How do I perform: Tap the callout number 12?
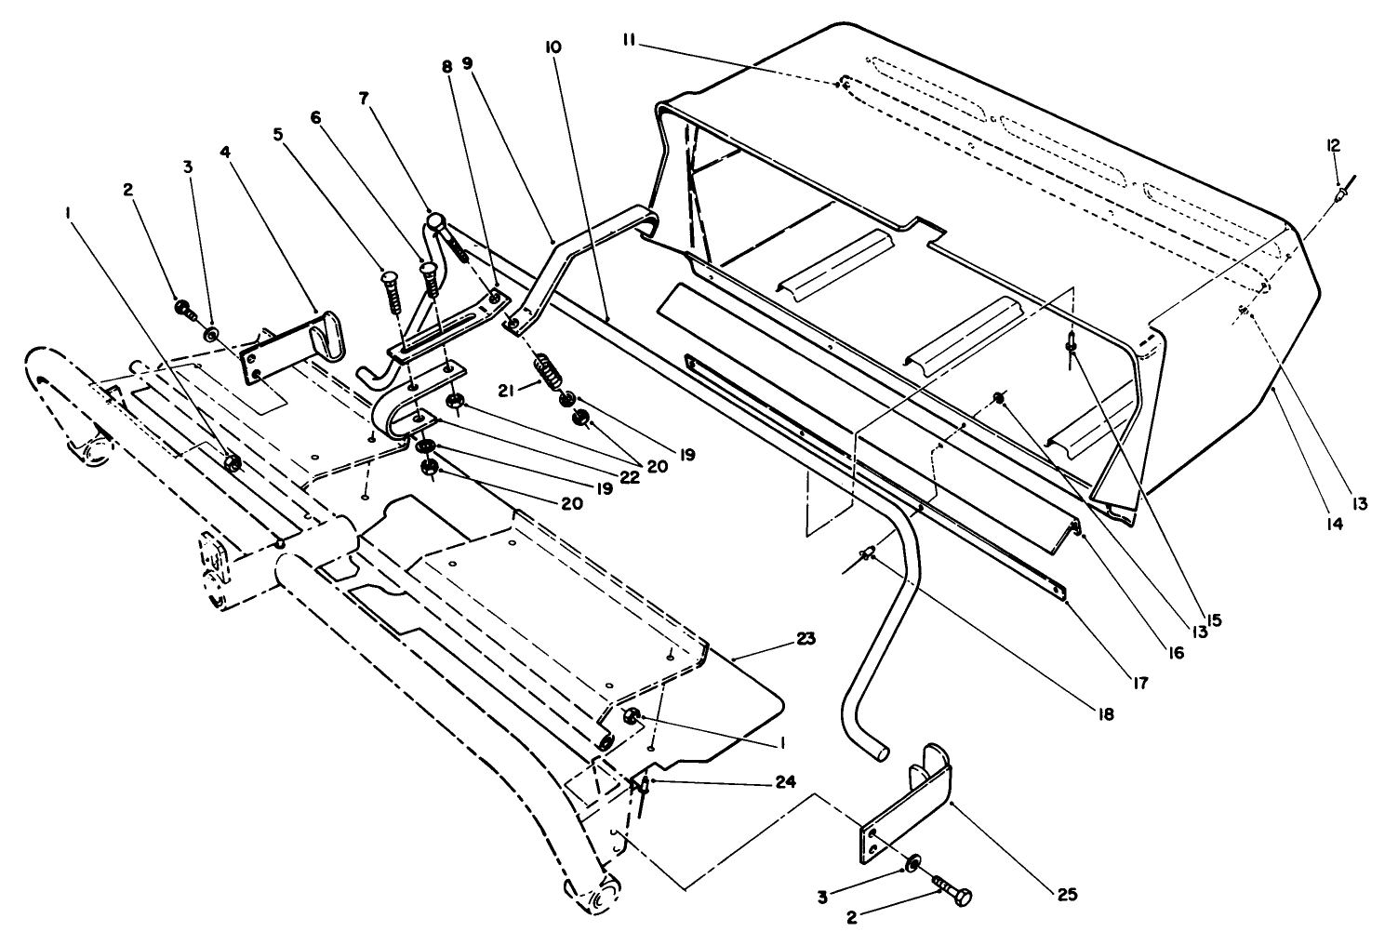[x=1333, y=145]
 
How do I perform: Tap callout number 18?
[x=1105, y=715]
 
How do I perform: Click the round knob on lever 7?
[x=438, y=221]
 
